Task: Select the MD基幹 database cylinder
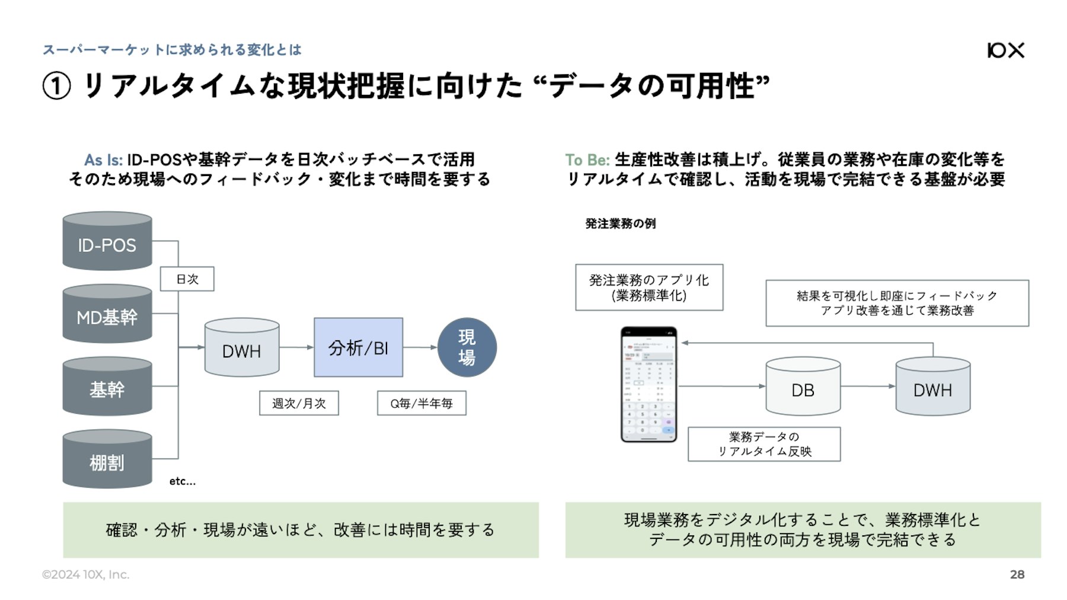coord(107,315)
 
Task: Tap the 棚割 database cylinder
coord(107,460)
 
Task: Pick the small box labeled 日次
coord(187,279)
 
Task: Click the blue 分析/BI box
coord(358,347)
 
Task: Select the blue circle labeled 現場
coord(467,347)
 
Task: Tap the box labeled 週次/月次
coord(299,403)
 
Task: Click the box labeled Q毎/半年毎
coord(421,403)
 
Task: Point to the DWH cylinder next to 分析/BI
coord(241,349)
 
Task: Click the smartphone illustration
coord(648,384)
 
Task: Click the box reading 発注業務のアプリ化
coord(649,288)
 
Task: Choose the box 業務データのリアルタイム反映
coord(764,444)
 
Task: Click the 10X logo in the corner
coord(1005,50)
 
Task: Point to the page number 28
coord(1017,574)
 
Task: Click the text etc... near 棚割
coord(182,481)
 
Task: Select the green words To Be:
coord(587,160)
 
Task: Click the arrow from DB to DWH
coord(867,386)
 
